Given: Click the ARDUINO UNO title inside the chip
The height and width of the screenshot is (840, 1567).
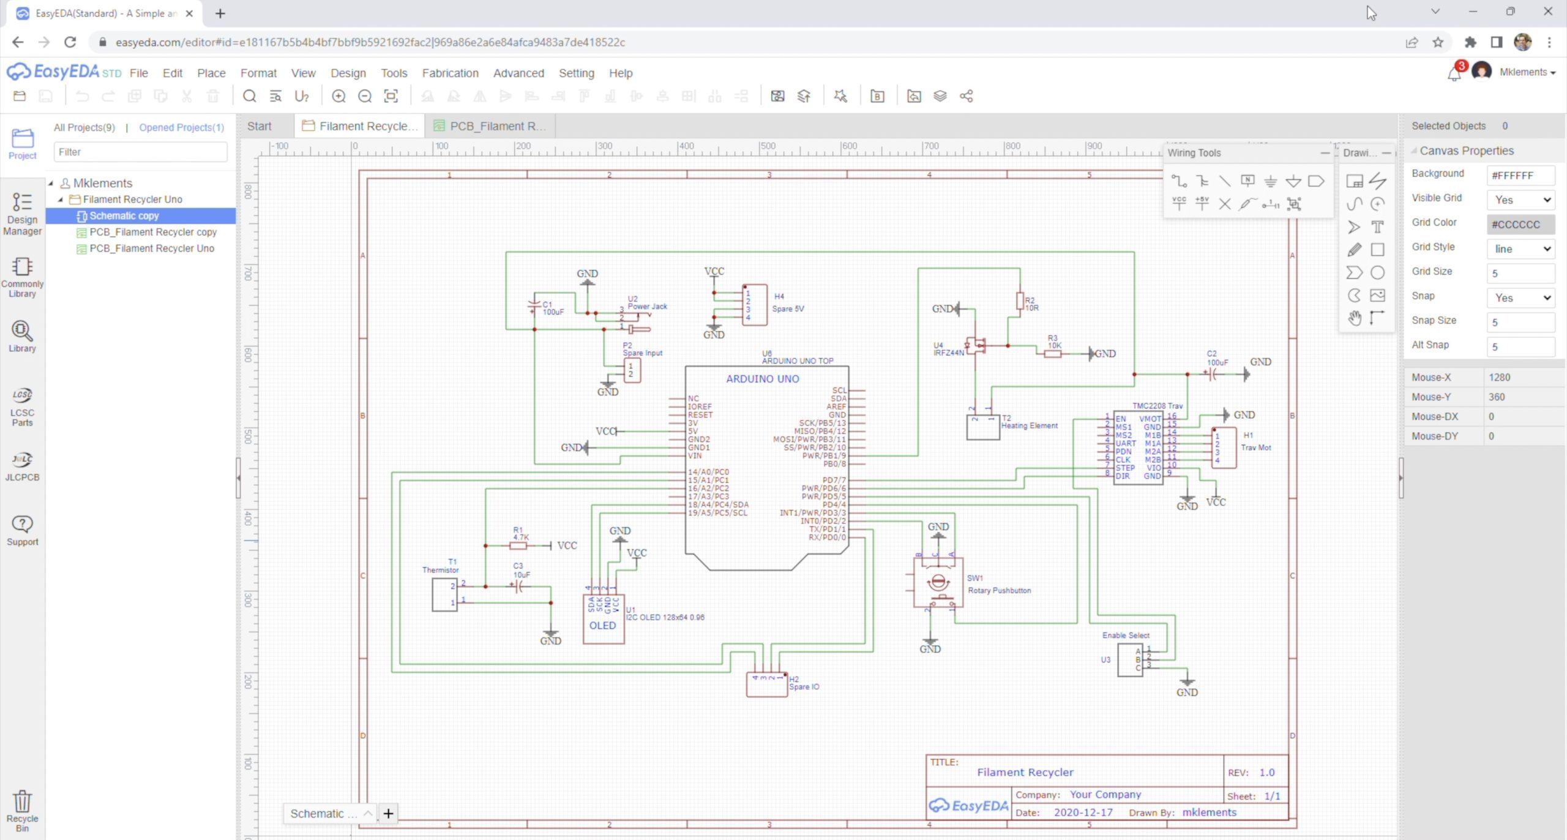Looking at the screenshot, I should point(762,379).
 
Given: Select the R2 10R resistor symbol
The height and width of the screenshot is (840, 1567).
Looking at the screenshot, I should point(1020,301).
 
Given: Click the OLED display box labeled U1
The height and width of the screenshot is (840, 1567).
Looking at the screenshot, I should point(603,619).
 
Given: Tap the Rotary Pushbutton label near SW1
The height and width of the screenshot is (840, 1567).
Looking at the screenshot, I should point(999,590).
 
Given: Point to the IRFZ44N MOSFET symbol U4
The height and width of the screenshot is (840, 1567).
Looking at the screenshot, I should point(976,346).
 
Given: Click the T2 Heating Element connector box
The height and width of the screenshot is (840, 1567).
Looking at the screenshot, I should point(982,427).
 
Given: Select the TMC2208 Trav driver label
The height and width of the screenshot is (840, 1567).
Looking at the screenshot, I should point(1157,406).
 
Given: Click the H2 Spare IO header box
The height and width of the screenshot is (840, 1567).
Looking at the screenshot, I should point(766,684).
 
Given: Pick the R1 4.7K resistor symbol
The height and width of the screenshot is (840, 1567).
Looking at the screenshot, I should point(518,546).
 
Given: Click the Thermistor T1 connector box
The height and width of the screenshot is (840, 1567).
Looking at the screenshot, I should point(444,594).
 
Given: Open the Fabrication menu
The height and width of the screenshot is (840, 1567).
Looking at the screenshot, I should point(450,73).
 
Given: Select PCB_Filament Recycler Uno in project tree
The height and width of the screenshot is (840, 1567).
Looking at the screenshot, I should point(152,249).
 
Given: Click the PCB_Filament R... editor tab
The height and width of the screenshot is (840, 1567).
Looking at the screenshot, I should point(490,126).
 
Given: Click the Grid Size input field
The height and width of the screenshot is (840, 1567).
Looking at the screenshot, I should point(1520,273).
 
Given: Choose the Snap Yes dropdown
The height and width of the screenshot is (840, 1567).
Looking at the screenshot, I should point(1520,298).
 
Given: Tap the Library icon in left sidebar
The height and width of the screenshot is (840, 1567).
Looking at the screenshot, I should point(22,337).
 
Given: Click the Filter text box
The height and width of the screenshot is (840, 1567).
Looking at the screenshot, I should point(140,152).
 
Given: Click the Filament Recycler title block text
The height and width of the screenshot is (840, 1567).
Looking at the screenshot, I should point(1025,772).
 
